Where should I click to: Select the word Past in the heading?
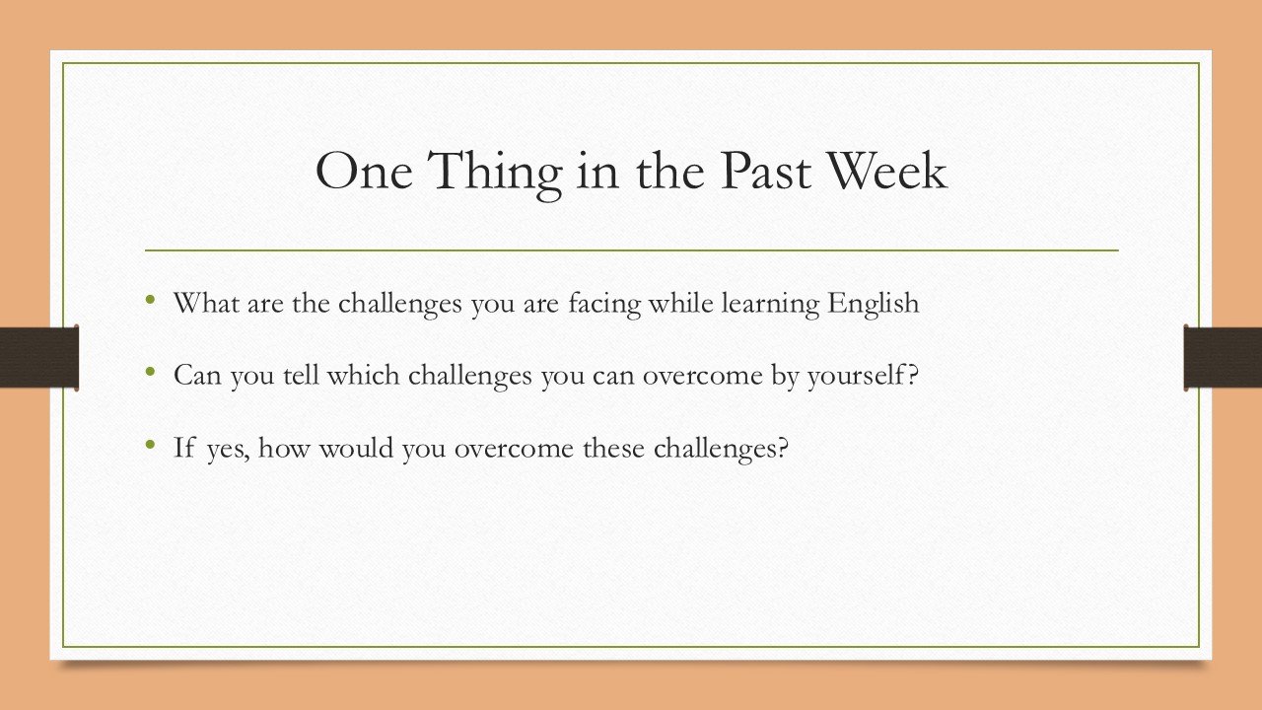766,171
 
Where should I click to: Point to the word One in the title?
364,171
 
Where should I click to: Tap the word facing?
604,305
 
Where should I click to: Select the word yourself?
855,377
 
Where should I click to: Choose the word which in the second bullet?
364,376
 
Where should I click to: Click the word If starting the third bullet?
184,448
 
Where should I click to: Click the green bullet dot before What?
150,299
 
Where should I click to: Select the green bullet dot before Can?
150,372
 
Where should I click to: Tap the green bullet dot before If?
150,445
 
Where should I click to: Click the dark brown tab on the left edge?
38,357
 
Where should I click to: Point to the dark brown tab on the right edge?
1223,357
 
